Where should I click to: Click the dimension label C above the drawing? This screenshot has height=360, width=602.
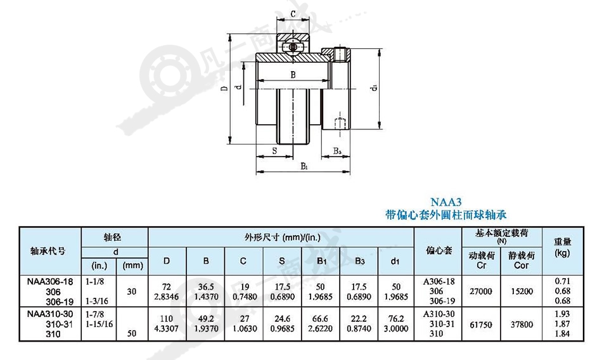click(x=293, y=14)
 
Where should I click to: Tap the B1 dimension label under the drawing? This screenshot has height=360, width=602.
click(x=304, y=166)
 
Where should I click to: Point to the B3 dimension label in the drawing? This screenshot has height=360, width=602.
click(x=337, y=151)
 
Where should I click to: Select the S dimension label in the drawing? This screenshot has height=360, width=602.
click(x=274, y=151)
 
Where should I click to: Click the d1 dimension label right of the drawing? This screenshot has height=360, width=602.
click(x=374, y=87)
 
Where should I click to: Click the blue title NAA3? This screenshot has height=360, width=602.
click(x=445, y=202)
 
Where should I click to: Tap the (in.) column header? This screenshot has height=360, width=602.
click(x=99, y=266)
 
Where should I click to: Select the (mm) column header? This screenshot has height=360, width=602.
click(x=132, y=266)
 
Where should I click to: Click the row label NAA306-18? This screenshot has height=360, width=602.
click(x=50, y=281)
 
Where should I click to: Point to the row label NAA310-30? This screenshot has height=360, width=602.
click(x=50, y=314)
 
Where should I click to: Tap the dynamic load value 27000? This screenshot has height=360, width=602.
click(x=481, y=291)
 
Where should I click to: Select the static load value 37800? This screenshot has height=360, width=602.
click(x=522, y=325)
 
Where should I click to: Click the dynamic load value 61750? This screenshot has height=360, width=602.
click(x=481, y=325)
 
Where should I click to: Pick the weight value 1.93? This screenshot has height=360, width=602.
click(x=563, y=314)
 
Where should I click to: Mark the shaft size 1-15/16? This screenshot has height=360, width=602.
click(x=99, y=324)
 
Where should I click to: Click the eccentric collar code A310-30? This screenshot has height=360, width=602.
click(x=439, y=314)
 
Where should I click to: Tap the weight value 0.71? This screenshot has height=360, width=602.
click(x=563, y=281)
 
